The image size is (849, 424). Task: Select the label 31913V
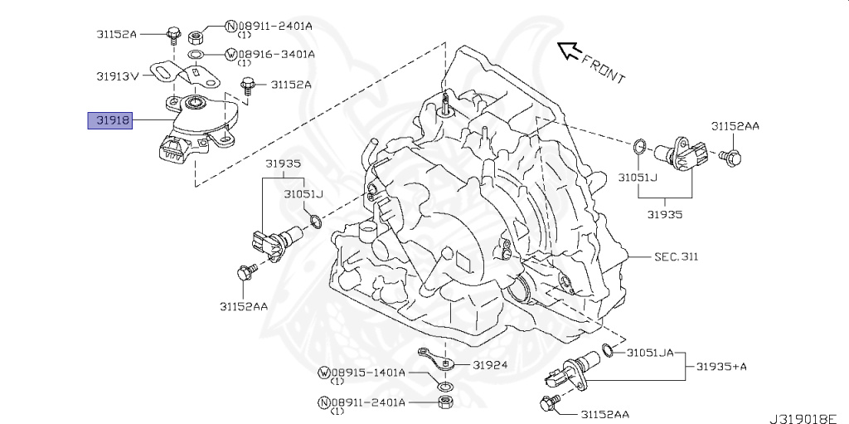click(x=117, y=75)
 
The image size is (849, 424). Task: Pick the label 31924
click(x=491, y=364)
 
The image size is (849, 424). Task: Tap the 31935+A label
click(x=721, y=366)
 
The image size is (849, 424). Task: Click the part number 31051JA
click(x=652, y=353)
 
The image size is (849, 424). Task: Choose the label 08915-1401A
click(x=368, y=373)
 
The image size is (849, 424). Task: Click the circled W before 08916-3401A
click(x=231, y=54)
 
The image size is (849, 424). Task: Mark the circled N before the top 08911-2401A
click(x=231, y=27)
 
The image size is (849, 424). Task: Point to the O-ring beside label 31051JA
click(x=608, y=349)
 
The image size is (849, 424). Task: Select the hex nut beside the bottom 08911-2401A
click(x=445, y=403)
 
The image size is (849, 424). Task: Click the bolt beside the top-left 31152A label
click(x=174, y=34)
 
